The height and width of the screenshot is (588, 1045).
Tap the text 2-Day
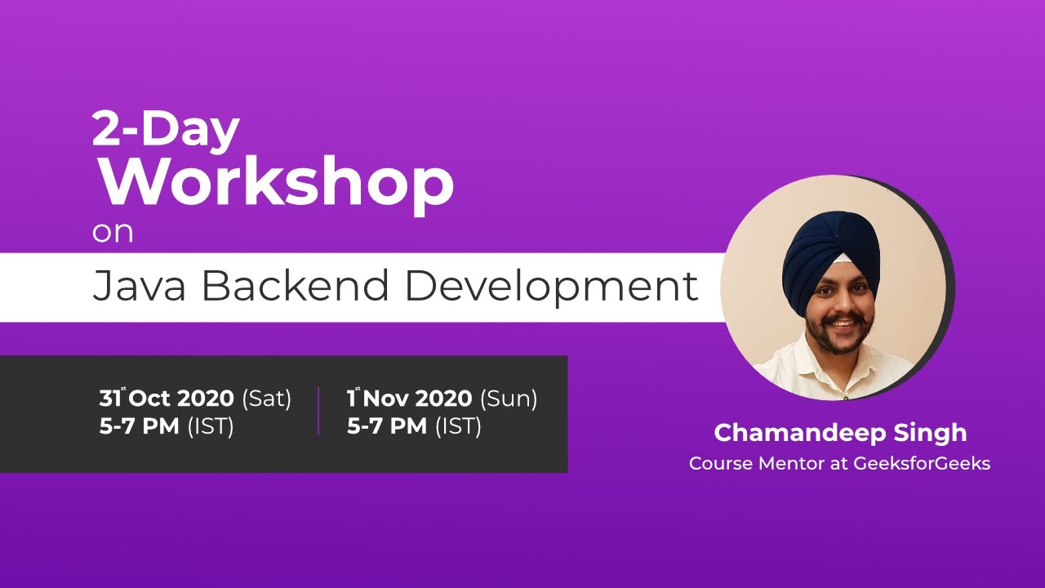[x=166, y=129]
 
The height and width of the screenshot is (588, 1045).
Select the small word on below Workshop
[x=113, y=233]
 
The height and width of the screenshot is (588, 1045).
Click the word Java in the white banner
[x=140, y=286]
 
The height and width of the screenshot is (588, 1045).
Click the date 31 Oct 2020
[x=167, y=399]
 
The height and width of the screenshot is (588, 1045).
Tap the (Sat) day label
[x=267, y=399]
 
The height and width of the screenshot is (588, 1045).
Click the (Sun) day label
[x=509, y=399]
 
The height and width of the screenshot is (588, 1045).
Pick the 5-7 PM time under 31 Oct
[x=139, y=426]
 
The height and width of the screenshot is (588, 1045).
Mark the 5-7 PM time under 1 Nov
[x=386, y=426]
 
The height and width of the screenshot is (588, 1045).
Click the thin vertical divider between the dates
[x=318, y=412]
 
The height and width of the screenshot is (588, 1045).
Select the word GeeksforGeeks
[x=923, y=463]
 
